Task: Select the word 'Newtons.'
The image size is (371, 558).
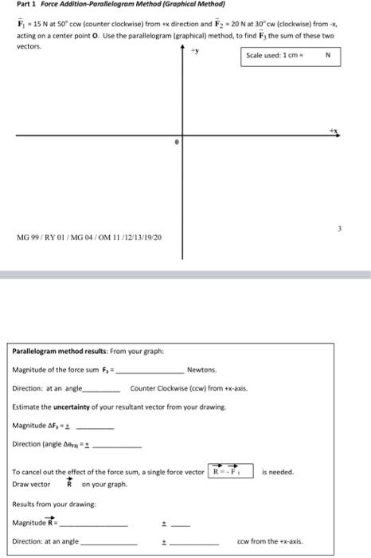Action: point(201,370)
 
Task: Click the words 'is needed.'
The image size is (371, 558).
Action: point(278,472)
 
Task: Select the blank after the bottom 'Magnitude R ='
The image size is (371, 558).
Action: point(95,524)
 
